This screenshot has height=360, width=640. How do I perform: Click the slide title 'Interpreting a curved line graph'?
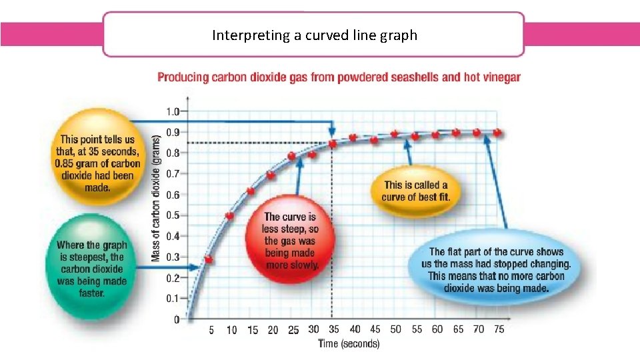(x=315, y=35)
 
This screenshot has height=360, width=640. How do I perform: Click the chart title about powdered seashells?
(x=339, y=77)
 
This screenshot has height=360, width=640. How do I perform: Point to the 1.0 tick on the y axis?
(x=172, y=111)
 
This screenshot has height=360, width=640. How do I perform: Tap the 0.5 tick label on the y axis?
(x=172, y=215)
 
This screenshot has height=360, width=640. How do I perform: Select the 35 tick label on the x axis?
(x=334, y=329)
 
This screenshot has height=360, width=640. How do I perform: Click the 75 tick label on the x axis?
(x=499, y=329)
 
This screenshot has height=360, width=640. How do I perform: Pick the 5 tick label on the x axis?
(x=211, y=330)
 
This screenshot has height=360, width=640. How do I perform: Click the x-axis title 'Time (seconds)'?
(x=349, y=344)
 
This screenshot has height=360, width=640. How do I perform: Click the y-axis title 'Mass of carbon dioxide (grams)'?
(x=156, y=198)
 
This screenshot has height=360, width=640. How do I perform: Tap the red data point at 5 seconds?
(x=209, y=259)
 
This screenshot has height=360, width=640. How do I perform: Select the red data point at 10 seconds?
(x=230, y=215)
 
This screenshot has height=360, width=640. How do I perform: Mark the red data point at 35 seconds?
(x=333, y=143)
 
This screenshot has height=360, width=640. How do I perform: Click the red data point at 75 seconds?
(x=497, y=133)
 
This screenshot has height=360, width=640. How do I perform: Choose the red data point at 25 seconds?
(x=291, y=156)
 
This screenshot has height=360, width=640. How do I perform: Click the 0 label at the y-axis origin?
(x=177, y=320)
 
